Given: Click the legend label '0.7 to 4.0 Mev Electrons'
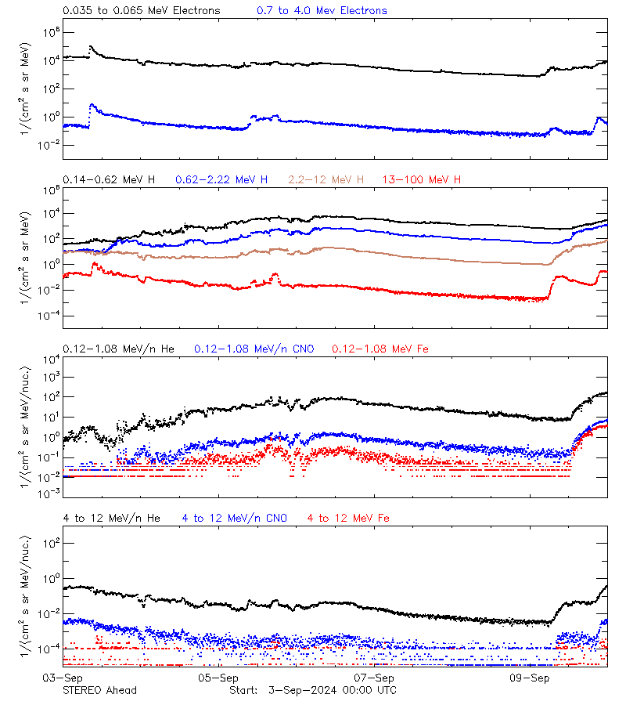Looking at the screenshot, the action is point(322,11).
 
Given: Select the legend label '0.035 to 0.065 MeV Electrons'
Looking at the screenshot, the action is point(142,11).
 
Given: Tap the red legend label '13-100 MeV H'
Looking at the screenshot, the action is point(421,180).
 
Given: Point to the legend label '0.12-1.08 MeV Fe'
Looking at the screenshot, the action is point(380,349).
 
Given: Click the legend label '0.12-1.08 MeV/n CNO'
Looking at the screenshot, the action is point(254,349).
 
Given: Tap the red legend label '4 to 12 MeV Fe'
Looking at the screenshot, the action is point(348,518).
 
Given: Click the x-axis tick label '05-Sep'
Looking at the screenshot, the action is point(219,678).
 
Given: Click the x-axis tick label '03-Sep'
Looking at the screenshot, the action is point(63,678).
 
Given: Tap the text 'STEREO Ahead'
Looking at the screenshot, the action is point(99,690).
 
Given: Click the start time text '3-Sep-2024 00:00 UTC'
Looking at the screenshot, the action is point(332,690).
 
